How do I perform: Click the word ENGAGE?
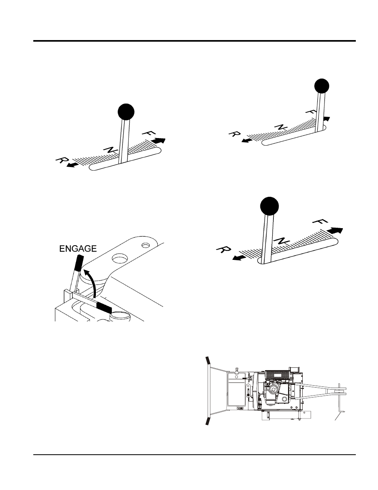point(78,248)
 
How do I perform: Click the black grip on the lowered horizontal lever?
point(104,307)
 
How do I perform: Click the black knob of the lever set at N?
point(126,112)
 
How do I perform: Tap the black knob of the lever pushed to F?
point(322,86)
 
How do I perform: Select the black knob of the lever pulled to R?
point(269,206)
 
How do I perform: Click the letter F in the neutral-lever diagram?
point(147,132)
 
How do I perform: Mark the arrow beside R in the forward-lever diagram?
point(247,141)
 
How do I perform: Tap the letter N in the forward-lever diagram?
point(281,127)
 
